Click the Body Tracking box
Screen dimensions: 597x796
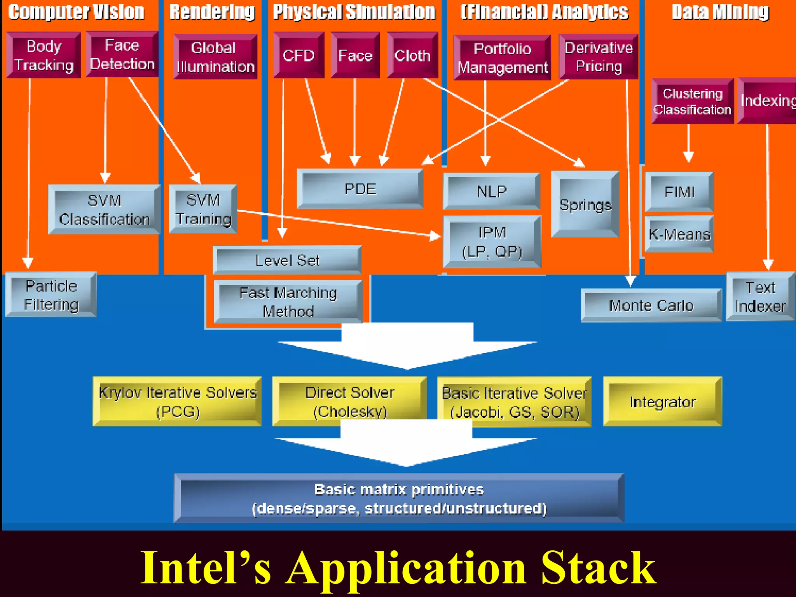click(x=44, y=55)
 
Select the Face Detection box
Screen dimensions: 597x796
click(x=122, y=54)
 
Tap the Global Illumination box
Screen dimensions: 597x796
click(x=215, y=57)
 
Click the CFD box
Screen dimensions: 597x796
click(x=298, y=56)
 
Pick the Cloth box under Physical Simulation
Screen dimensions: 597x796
click(x=412, y=56)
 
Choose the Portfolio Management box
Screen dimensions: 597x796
click(x=502, y=58)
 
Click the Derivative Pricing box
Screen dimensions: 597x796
click(x=599, y=57)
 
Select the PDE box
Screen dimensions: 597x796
click(x=360, y=189)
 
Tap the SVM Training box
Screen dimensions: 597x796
click(x=203, y=209)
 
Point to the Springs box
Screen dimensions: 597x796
click(x=585, y=204)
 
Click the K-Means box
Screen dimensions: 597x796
click(x=679, y=234)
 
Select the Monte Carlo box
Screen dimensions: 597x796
click(x=651, y=305)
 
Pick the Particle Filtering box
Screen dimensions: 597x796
click(x=51, y=295)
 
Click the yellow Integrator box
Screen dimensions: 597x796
click(x=662, y=402)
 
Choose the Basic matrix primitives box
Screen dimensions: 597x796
click(x=399, y=499)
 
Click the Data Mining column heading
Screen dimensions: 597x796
click(x=720, y=12)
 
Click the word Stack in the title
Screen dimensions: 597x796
click(x=599, y=568)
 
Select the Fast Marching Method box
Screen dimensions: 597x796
click(x=288, y=302)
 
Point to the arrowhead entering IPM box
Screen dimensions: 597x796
click(x=436, y=236)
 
